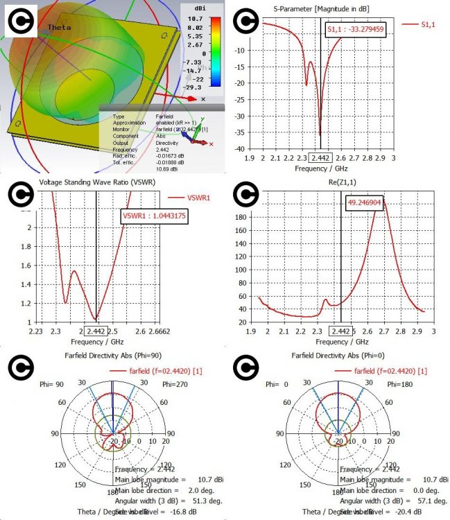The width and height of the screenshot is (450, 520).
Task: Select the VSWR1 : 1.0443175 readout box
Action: point(154,216)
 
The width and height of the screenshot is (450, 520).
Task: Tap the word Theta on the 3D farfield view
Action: point(59,27)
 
